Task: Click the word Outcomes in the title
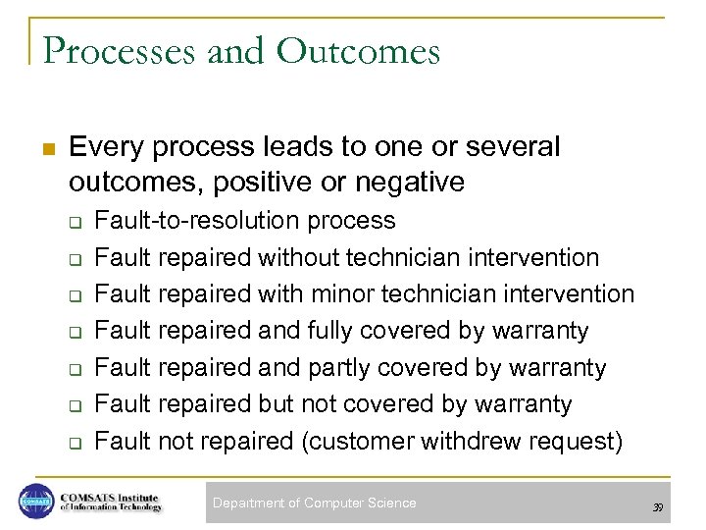pos(358,51)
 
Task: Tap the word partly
pos(344,368)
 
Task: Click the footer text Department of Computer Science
pos(315,503)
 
